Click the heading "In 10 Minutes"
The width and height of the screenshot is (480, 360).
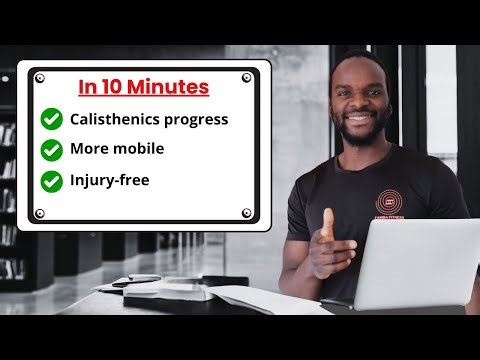pos(144,87)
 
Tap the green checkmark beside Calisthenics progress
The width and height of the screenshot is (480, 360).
pos(51,119)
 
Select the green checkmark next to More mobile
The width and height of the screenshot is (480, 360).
pos(51,150)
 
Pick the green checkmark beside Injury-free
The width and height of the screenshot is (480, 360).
pos(51,181)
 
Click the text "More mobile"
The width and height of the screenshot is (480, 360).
pos(117,150)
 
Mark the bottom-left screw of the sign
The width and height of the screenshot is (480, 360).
pos(40,213)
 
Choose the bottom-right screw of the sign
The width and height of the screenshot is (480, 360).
pos(247,213)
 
